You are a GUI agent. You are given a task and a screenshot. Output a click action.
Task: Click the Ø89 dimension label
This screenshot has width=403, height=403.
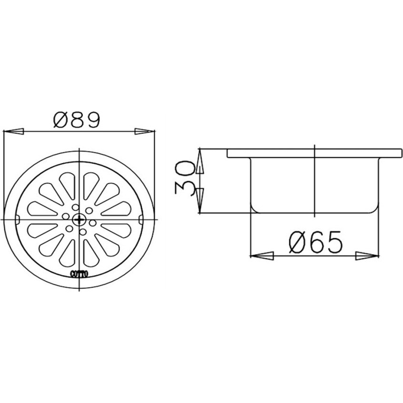[76, 120]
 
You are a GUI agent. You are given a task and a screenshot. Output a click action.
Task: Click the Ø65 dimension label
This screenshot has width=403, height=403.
[315, 242]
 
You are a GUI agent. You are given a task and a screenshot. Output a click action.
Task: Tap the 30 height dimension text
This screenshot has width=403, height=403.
[184, 178]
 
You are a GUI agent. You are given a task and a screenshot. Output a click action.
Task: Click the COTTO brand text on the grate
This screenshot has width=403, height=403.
[79, 274]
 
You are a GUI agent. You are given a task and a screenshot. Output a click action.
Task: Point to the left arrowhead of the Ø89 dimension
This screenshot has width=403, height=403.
[13, 131]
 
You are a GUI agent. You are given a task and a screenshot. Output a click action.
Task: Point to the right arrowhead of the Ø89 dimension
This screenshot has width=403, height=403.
[145, 131]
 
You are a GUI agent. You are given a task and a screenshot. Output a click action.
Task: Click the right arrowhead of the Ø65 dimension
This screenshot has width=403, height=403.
[367, 256]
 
